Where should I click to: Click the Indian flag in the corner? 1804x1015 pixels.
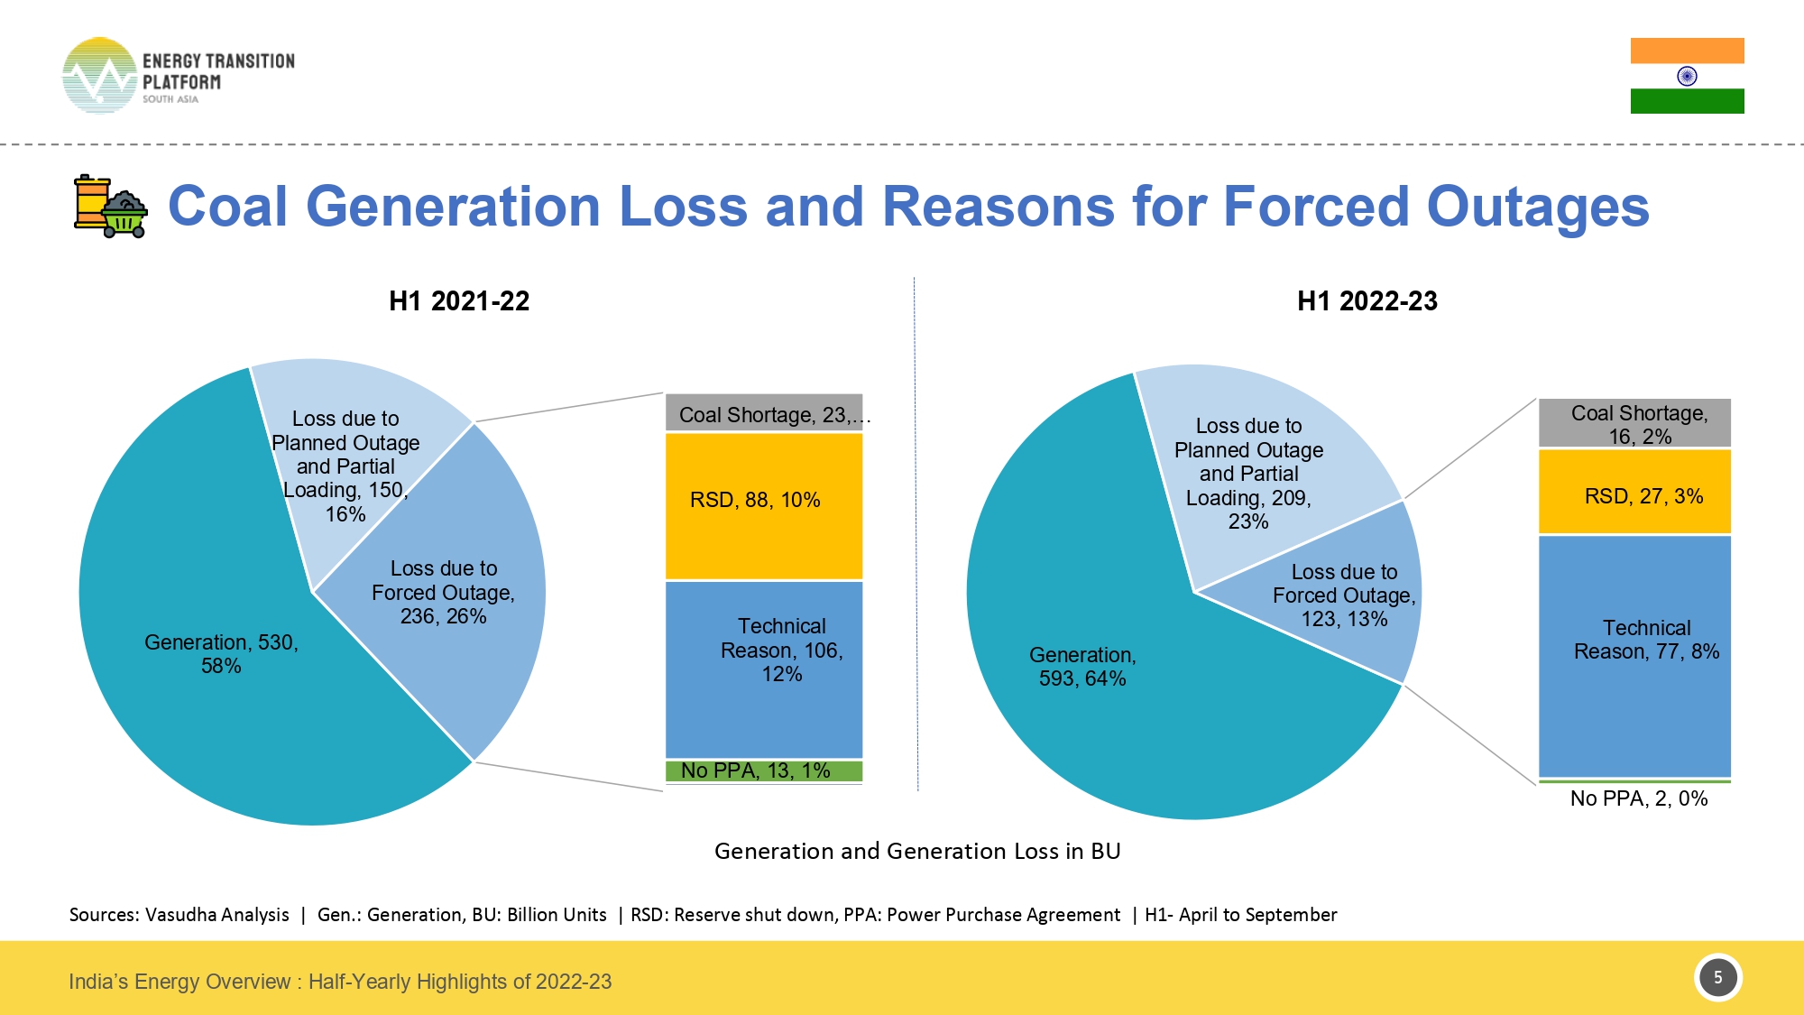[1687, 76]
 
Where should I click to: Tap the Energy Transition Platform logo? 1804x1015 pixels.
[178, 76]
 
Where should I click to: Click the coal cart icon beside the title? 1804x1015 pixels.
[110, 207]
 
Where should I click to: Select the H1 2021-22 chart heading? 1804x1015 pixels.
[459, 301]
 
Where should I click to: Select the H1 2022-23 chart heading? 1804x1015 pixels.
[1367, 301]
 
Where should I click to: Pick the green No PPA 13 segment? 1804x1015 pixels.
[764, 770]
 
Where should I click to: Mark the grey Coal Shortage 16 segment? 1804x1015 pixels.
[1634, 423]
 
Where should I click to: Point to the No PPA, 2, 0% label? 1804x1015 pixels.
[1638, 798]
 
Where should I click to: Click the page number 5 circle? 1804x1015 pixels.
[1717, 977]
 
